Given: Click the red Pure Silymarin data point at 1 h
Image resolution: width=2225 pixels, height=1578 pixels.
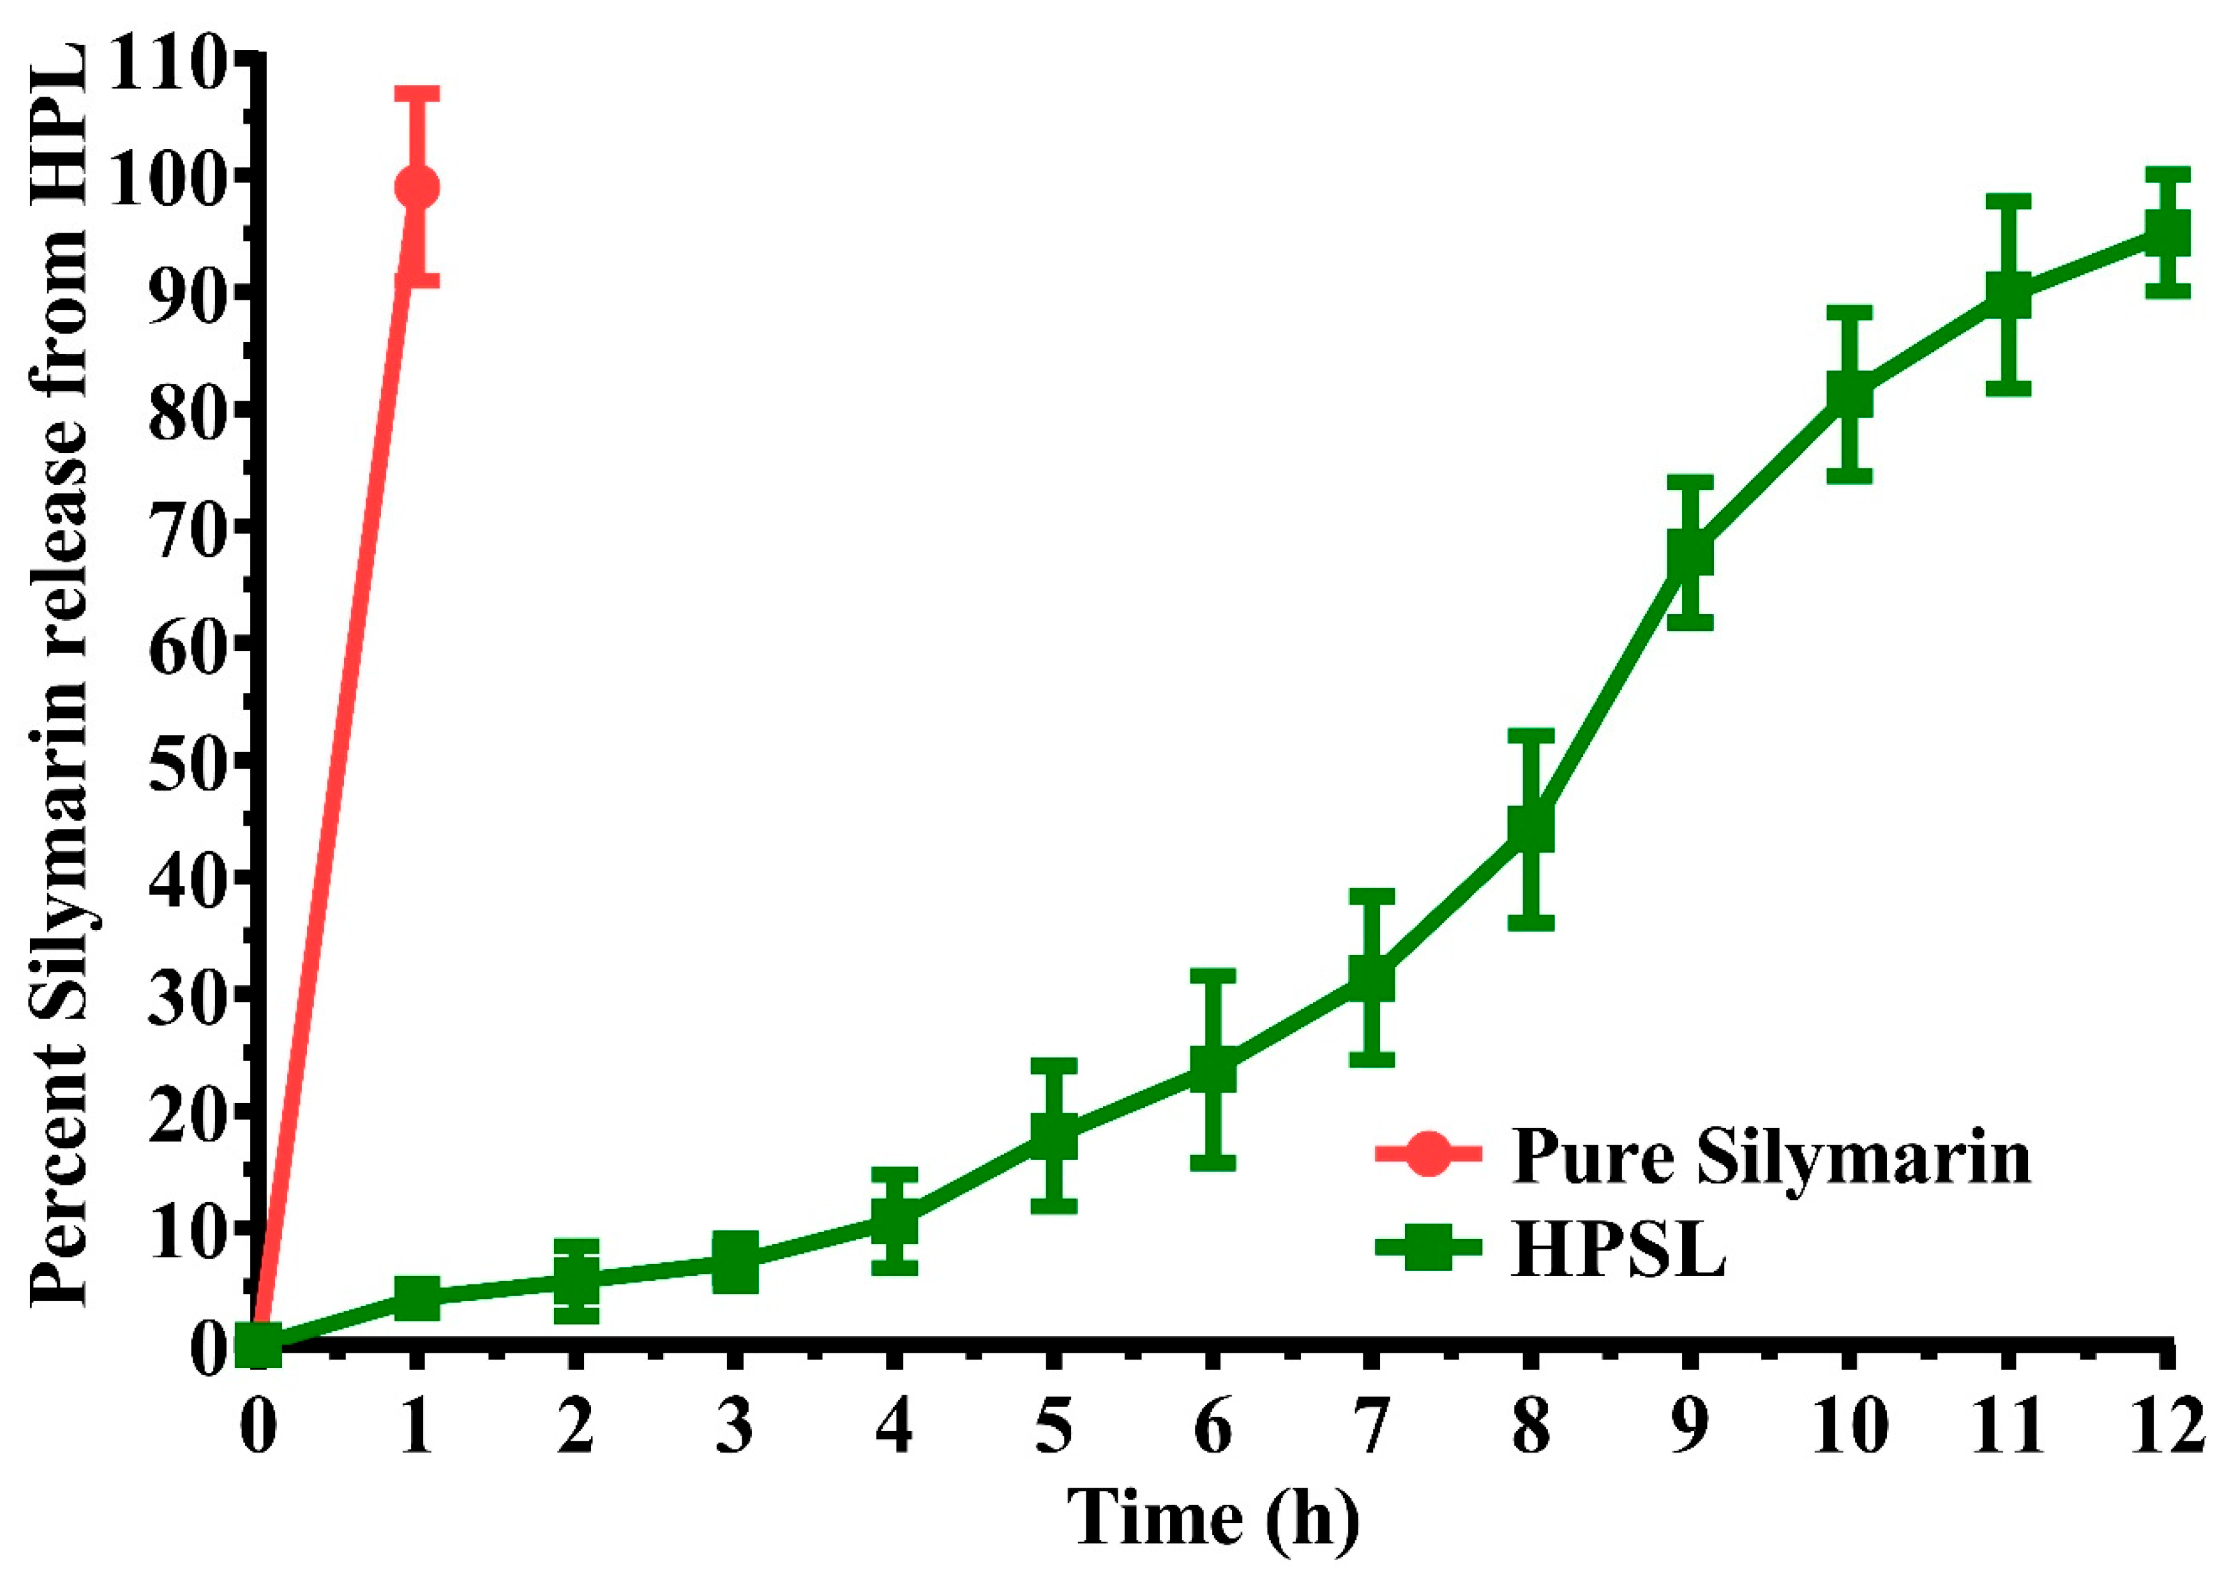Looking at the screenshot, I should [x=417, y=186].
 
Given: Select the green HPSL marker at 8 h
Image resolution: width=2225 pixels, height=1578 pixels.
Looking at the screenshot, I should [x=1530, y=828].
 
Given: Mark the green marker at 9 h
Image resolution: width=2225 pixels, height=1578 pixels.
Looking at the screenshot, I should [x=1690, y=553].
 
